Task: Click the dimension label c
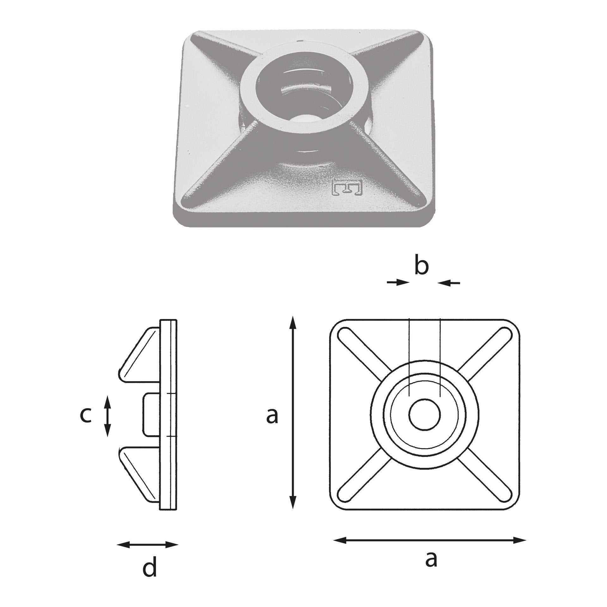[x=85, y=415]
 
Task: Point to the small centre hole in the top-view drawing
[x=425, y=414]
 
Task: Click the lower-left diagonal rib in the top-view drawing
[x=364, y=474]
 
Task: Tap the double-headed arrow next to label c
[x=108, y=416]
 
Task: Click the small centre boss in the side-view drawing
[x=151, y=415]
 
